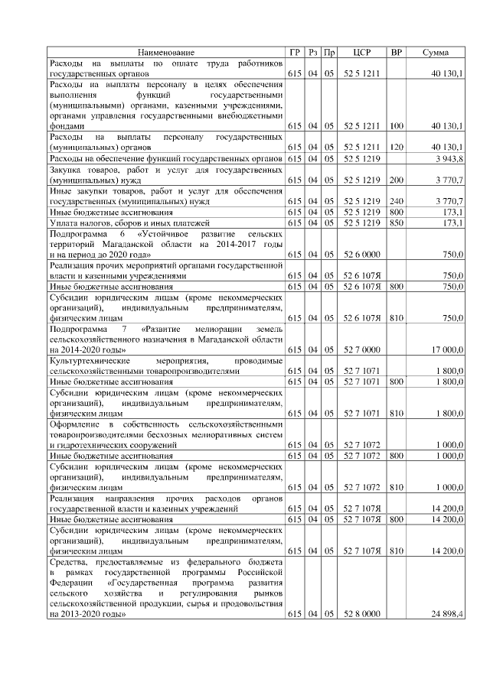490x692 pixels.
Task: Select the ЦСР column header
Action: pyautogui.click(x=362, y=52)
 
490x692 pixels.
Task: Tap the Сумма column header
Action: pyautogui.click(x=436, y=52)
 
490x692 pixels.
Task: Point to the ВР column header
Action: pyautogui.click(x=396, y=52)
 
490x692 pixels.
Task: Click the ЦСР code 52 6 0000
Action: pyautogui.click(x=362, y=253)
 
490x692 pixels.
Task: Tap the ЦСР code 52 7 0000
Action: pyautogui.click(x=362, y=349)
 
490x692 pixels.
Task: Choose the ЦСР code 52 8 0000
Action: pyautogui.click(x=362, y=614)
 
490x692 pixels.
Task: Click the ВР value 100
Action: pyautogui.click(x=396, y=125)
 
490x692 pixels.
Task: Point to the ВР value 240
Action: pyautogui.click(x=396, y=200)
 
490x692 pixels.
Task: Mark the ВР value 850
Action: pyautogui.click(x=396, y=223)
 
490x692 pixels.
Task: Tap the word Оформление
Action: pyautogui.click(x=73, y=423)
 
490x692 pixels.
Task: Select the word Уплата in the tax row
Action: pyautogui.click(x=63, y=223)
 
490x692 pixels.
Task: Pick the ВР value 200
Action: pyautogui.click(x=396, y=180)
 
